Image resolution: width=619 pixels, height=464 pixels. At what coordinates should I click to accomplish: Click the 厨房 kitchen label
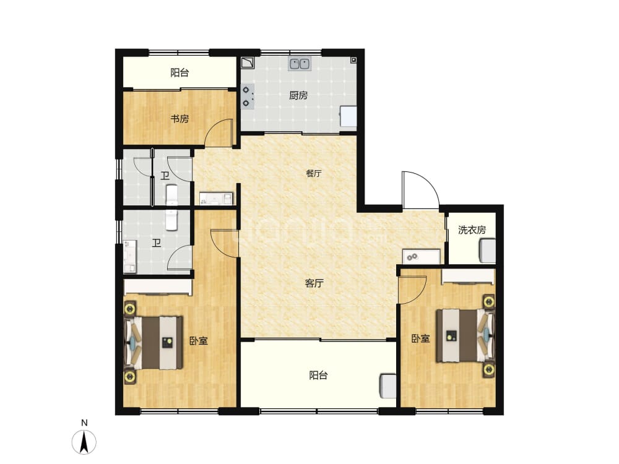[298, 95]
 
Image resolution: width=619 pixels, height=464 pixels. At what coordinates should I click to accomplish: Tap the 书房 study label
[180, 118]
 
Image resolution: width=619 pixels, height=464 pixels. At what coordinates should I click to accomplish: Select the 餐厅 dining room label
[314, 173]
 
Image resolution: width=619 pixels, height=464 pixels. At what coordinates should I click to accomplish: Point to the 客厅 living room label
[314, 283]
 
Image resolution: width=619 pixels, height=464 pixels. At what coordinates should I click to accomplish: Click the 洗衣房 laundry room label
[472, 230]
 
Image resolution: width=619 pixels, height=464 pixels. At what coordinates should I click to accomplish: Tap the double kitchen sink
[300, 63]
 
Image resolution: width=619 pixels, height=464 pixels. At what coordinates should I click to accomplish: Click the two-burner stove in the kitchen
[248, 97]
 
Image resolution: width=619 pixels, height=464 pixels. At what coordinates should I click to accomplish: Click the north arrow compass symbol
[84, 442]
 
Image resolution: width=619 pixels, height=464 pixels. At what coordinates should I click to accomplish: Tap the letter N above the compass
[84, 423]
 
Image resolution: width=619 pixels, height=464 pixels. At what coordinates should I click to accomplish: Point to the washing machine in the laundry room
[487, 251]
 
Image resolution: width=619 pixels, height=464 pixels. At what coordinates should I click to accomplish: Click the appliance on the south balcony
[388, 386]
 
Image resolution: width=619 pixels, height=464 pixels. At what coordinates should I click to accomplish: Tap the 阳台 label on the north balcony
[180, 72]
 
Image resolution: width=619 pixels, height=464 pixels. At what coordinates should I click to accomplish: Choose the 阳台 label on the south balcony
[318, 376]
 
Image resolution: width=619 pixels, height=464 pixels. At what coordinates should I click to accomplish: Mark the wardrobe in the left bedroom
[158, 287]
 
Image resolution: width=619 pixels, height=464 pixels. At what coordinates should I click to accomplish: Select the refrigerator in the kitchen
[348, 116]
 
